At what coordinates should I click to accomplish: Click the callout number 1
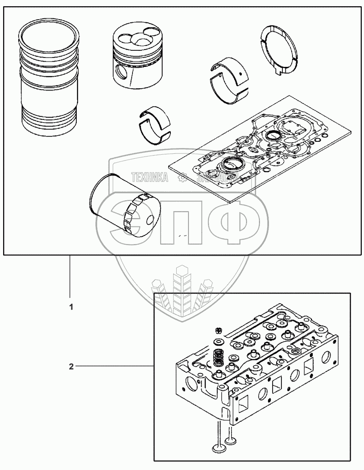tap(70, 307)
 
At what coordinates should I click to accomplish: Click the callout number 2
tap(71, 367)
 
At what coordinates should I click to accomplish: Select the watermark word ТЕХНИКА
tap(149, 177)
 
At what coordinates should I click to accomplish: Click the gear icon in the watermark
tap(182, 178)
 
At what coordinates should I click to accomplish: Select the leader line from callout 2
tap(114, 367)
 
